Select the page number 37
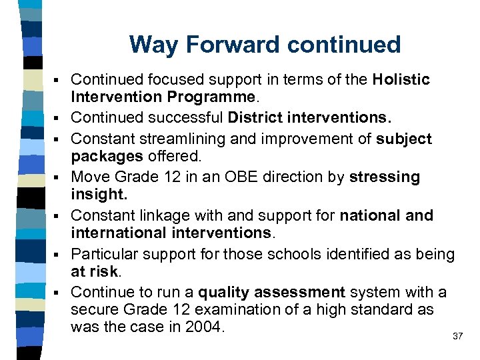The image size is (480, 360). (457, 337)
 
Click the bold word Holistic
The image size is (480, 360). (401, 80)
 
